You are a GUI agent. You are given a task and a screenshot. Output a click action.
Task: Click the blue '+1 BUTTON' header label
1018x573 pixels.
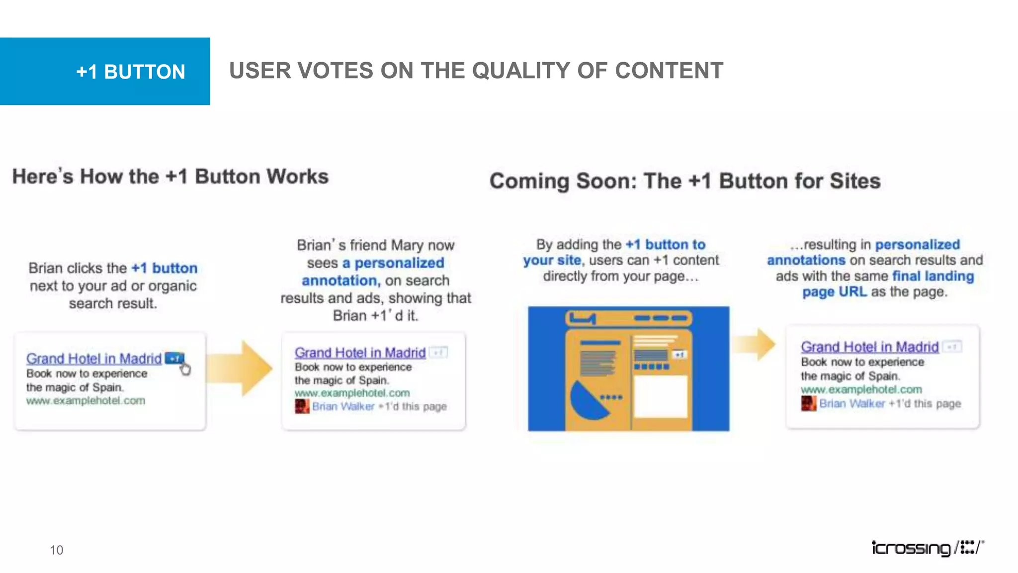[130, 72]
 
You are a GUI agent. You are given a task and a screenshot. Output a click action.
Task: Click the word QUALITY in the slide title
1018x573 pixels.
[534, 71]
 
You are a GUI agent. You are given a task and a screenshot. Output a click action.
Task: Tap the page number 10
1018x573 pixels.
[56, 550]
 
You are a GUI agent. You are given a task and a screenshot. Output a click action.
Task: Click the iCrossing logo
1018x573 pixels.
[927, 548]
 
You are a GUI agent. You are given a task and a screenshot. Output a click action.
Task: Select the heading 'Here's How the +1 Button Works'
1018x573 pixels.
[170, 177]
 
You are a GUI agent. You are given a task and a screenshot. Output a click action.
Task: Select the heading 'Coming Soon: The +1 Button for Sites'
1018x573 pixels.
[685, 181]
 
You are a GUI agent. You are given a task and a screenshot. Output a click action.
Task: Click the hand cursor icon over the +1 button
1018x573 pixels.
[185, 369]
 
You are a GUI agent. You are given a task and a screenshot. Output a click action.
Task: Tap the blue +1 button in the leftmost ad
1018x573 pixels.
[174, 358]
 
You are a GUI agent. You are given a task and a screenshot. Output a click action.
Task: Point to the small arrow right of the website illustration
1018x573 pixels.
[755, 344]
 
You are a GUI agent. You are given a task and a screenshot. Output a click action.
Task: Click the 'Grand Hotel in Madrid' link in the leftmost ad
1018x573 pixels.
[94, 359]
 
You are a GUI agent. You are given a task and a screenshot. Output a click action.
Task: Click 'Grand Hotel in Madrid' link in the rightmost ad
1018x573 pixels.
[869, 347]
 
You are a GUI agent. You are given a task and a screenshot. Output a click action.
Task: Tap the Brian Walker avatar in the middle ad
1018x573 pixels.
[302, 406]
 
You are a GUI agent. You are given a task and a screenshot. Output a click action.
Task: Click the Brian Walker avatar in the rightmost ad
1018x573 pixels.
[808, 403]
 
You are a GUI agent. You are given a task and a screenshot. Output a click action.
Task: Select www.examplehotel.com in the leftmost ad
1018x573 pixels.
[85, 400]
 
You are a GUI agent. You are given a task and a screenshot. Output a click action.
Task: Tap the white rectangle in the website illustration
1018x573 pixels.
[661, 397]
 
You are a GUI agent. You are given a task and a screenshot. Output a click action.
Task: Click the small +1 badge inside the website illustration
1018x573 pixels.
[679, 354]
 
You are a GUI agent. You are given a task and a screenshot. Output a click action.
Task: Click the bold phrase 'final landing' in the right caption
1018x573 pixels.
[933, 276]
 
